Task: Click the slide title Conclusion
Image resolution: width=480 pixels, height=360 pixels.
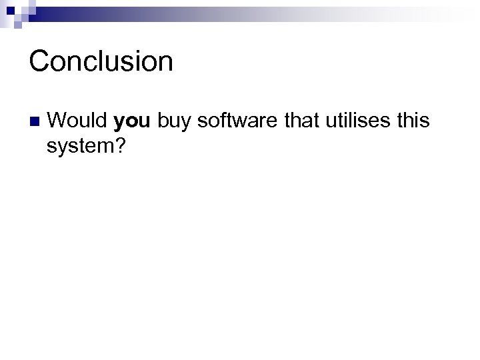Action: point(101,61)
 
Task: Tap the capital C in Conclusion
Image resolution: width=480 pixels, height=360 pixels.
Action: point(39,61)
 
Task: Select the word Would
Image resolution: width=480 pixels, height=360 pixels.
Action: point(78,122)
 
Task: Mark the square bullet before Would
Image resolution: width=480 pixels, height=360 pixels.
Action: point(34,123)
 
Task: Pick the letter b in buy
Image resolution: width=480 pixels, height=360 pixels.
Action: point(163,122)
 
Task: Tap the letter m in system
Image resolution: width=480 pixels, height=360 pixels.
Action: point(106,146)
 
